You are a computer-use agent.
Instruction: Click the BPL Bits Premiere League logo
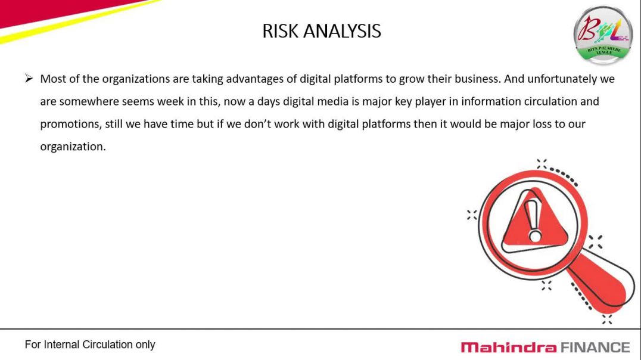(603, 35)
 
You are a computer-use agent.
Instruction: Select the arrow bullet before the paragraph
(29, 78)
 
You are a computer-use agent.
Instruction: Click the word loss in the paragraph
(542, 124)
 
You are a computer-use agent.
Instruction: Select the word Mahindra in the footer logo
(509, 347)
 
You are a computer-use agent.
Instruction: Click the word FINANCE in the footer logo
(595, 347)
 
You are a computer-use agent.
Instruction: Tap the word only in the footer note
(145, 345)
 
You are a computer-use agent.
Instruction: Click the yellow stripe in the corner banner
(77, 20)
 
